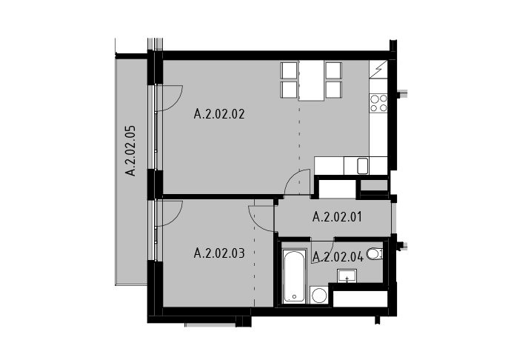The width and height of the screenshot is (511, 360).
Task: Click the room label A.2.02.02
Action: point(219,115)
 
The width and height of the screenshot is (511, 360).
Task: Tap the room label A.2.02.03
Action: point(219,253)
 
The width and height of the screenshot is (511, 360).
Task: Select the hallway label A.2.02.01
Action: point(337,217)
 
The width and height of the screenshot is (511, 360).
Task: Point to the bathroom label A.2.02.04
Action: point(338,257)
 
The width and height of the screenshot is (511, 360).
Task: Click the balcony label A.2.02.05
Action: point(130,150)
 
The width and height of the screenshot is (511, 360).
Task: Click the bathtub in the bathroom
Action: point(294,276)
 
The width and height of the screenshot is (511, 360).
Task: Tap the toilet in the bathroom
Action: point(375,253)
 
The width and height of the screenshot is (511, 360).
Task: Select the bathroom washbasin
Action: point(347,276)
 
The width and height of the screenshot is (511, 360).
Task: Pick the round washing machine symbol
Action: point(319,296)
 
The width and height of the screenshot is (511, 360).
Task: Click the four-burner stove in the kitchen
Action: point(378,103)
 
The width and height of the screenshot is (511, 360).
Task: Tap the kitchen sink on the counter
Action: point(362,166)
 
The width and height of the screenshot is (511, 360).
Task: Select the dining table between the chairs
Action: point(311,80)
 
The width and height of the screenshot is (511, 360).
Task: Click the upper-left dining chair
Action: point(289,70)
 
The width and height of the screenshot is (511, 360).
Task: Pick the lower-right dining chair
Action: point(334,90)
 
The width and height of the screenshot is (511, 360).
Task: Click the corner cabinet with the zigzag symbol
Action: point(378,69)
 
